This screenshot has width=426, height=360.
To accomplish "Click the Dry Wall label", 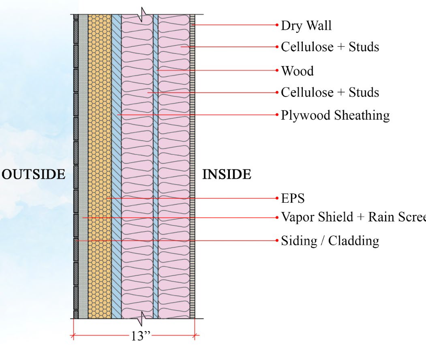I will pos(306,25).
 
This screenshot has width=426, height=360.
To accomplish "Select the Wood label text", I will pos(297,71).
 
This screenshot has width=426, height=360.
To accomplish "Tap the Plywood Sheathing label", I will pos(335,115).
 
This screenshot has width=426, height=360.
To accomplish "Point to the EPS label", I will pos(293,199).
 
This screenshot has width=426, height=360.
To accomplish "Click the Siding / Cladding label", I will pos(330,241).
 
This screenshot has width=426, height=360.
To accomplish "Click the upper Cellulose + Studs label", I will pos(330,47).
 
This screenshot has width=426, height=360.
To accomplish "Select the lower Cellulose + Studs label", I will pos(330,93).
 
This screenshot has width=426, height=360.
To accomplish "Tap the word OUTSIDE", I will pos(34,175).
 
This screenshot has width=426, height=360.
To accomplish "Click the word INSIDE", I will pos(227,175).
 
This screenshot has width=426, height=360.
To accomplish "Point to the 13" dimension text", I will pos(140,336).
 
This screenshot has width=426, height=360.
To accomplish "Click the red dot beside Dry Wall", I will pos(277,25).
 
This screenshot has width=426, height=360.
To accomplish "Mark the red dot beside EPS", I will pos(277,198).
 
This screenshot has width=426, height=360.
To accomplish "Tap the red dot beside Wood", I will pos(277,70).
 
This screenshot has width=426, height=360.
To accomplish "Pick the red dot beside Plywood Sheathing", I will pos(277,115).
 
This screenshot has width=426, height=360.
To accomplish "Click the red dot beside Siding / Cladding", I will pos(277,240).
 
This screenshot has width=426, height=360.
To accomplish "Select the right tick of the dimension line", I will pos(195,336).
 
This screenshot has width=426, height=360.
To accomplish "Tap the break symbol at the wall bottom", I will pos(140,319).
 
